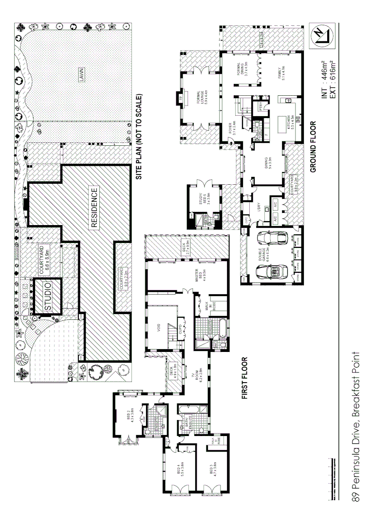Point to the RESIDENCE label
click(x=94, y=208)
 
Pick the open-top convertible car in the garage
click(x=268, y=271)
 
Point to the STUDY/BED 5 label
click(x=202, y=199)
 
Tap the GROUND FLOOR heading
click(x=313, y=146)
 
